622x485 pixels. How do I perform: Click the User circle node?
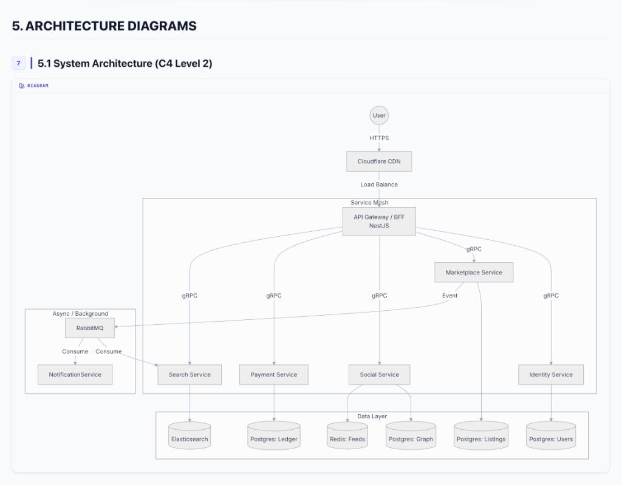point(379,115)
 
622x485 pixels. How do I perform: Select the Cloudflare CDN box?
point(379,161)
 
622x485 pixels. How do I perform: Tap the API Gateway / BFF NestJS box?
point(379,221)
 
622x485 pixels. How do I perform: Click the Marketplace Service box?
point(474,273)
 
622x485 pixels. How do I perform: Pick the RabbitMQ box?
point(89,328)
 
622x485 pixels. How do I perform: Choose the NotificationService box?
point(75,375)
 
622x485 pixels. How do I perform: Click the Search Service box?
point(190,375)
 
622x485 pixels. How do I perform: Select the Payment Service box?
point(274,375)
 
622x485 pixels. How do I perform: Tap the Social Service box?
point(379,375)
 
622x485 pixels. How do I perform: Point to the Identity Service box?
point(550,375)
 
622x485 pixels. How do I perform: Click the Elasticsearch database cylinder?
point(190,436)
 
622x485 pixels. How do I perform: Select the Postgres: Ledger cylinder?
point(274,437)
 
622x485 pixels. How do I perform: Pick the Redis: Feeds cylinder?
point(347,437)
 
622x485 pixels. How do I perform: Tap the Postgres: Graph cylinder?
point(411,437)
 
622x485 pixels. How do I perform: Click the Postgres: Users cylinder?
point(550,437)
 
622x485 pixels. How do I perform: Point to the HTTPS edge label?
point(379,138)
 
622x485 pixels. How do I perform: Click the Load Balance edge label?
point(379,185)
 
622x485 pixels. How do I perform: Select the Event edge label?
point(449,296)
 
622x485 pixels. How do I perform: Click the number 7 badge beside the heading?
point(18,63)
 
